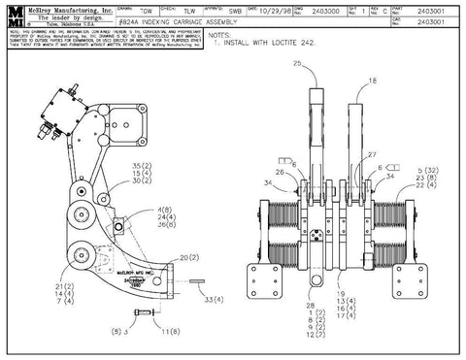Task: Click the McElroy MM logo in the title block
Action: pyautogui.click(x=13, y=16)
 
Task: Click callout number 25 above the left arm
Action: pyautogui.click(x=297, y=63)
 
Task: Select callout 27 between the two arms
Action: pyautogui.click(x=370, y=155)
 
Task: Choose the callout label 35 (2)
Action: pyautogui.click(x=142, y=165)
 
